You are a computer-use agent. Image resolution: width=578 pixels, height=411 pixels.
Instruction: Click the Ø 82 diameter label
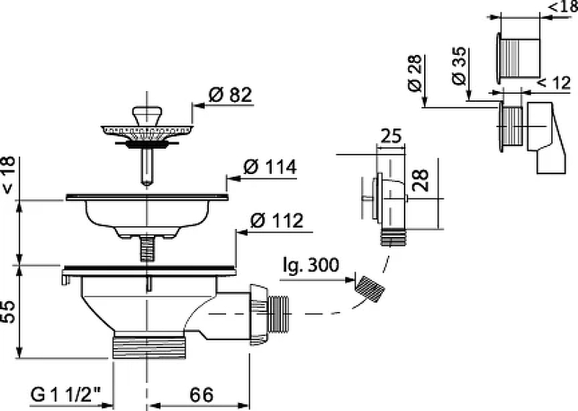230,95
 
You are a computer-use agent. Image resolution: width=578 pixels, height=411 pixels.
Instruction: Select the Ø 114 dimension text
269,168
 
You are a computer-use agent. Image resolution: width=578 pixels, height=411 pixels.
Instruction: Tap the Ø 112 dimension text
277,221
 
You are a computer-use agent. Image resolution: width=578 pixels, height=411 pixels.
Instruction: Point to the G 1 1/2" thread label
66,395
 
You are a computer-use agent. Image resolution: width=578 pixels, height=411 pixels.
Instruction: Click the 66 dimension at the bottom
202,395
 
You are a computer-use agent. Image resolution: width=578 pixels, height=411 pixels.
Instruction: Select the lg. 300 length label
311,265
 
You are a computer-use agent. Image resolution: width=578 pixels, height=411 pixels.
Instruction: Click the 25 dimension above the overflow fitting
390,136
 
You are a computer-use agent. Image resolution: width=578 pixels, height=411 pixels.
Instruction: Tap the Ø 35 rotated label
459,66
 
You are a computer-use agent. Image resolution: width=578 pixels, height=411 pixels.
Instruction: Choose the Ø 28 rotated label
415,73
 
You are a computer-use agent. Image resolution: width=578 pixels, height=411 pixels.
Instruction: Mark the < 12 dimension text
553,82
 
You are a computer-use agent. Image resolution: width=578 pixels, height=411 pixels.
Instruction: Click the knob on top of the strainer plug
147,115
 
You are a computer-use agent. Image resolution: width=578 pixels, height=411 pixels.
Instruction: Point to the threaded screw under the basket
147,248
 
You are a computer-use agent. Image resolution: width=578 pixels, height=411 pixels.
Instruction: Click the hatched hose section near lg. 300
369,289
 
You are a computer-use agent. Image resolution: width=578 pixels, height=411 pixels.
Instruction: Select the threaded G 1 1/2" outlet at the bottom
148,345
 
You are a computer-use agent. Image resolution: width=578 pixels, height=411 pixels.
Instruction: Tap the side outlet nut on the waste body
259,314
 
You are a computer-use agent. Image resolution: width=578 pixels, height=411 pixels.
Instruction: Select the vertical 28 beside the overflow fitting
420,181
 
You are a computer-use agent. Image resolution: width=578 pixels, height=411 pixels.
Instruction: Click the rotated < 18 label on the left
8,175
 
